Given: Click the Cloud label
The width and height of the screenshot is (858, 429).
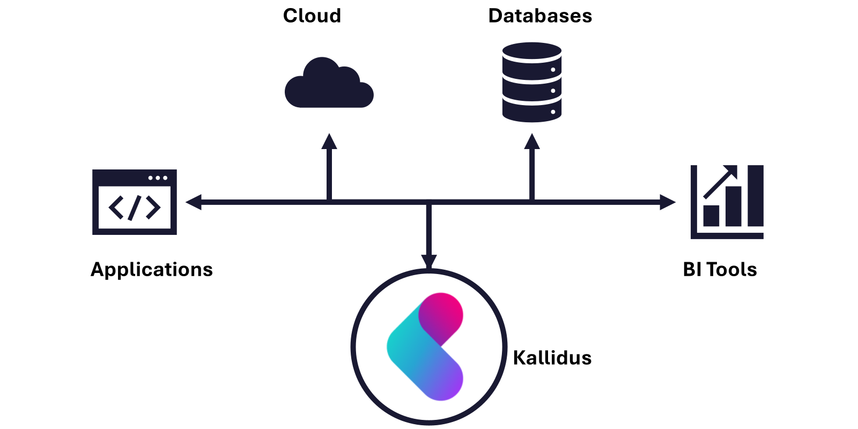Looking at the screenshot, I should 312,16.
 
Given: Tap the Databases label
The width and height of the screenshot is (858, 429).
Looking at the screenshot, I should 540,16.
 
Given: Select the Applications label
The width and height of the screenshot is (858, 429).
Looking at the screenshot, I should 152,269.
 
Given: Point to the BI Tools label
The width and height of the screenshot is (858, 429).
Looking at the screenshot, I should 720,269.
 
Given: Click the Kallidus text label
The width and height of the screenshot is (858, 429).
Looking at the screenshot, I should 552,358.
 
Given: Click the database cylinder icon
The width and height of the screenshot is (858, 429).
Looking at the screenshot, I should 531,82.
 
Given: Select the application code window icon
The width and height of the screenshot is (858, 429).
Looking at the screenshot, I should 135,202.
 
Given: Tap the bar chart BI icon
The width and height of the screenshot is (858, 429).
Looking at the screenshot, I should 727,202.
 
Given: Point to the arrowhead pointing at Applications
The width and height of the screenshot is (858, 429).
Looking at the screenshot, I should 193,202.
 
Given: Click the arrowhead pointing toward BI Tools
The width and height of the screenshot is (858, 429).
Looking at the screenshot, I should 668,202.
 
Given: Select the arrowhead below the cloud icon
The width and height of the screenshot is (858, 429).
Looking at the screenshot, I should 329,142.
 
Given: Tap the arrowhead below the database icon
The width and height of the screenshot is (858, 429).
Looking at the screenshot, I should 532,142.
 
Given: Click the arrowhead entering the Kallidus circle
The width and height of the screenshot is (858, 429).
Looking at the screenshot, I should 428,261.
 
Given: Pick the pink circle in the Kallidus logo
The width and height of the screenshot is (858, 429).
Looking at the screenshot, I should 441,314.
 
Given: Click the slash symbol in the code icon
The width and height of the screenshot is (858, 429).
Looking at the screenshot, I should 135,208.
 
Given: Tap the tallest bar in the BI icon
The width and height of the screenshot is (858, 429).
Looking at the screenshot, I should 756,196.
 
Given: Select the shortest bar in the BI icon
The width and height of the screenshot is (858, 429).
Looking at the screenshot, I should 711,216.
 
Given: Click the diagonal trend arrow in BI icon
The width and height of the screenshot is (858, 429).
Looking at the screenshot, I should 720,182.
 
